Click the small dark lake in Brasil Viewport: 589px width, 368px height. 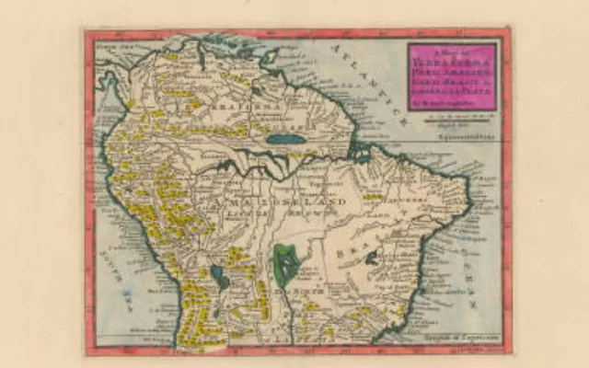371,259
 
